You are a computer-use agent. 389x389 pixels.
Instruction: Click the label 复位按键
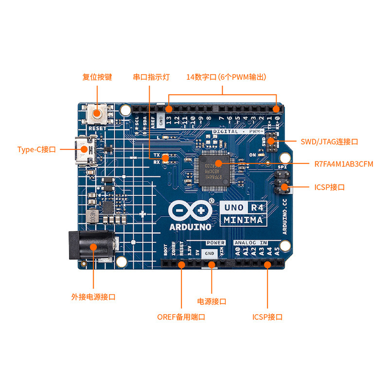[97, 77]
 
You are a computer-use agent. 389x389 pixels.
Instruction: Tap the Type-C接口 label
[36, 150]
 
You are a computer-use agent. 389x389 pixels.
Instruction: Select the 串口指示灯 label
[151, 77]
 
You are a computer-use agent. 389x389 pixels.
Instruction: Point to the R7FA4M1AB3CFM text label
[344, 164]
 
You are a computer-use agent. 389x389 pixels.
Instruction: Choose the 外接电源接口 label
[93, 297]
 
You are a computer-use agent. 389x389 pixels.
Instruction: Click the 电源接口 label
[212, 301]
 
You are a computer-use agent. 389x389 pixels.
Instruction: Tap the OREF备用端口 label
[181, 317]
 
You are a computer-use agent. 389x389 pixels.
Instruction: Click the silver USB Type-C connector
[82, 150]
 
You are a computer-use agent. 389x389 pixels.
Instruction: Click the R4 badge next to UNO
[257, 207]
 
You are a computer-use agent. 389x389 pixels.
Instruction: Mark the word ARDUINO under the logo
[190, 227]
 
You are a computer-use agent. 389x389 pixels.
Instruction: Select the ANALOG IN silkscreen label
[250, 243]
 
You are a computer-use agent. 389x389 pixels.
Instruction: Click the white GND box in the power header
[210, 253]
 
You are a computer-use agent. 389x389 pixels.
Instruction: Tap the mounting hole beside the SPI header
[285, 157]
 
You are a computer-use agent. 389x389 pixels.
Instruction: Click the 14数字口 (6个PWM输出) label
[226, 77]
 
